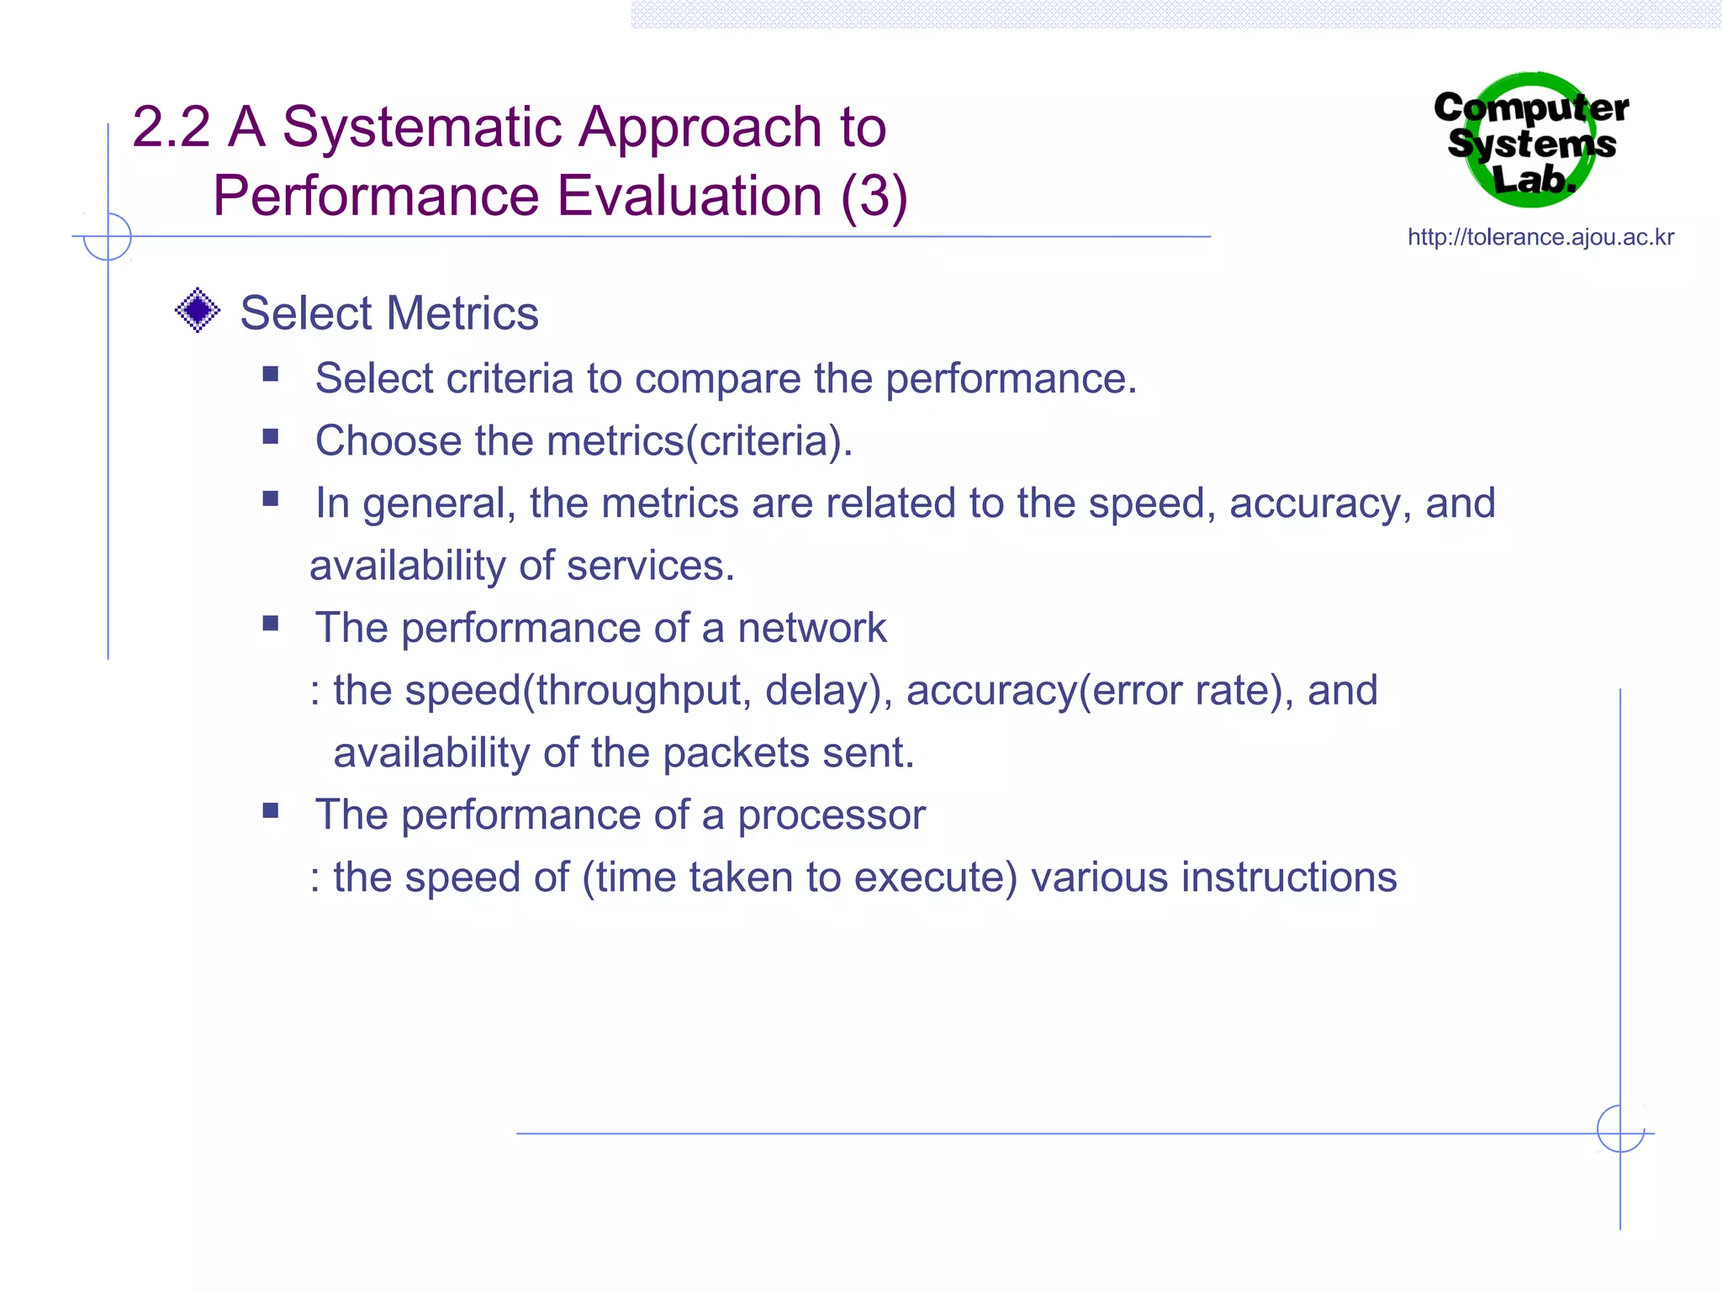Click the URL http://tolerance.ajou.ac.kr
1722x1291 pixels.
pyautogui.click(x=1540, y=237)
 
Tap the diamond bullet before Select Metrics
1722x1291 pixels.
pyautogui.click(x=198, y=310)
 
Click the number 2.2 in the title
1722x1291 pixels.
pyautogui.click(x=171, y=128)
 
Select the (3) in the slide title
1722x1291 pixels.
pyautogui.click(x=874, y=197)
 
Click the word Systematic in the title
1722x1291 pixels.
pyautogui.click(x=421, y=128)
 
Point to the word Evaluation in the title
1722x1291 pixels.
pyautogui.click(x=689, y=197)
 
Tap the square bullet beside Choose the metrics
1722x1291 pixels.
pyautogui.click(x=270, y=436)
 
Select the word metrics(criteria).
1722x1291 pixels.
pyautogui.click(x=700, y=441)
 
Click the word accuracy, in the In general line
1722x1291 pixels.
pyautogui.click(x=1319, y=503)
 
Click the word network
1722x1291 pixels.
pyautogui.click(x=811, y=628)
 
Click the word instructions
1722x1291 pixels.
pyautogui.click(x=1288, y=877)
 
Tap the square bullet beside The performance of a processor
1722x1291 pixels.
pyautogui.click(x=270, y=810)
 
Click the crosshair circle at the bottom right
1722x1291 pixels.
pyautogui.click(x=1619, y=1129)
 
